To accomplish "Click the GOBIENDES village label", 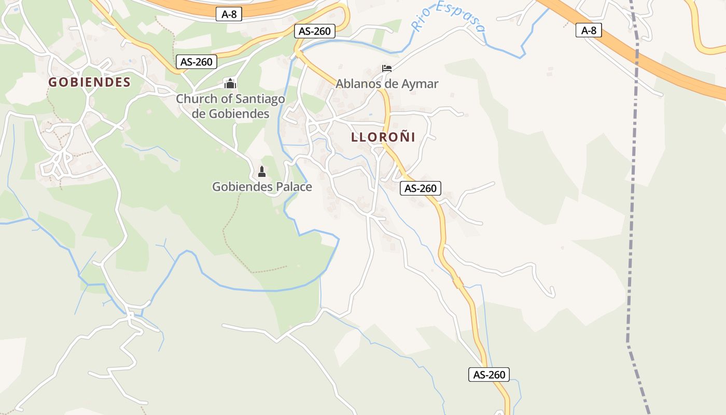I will click(x=89, y=82).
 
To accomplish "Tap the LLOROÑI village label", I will click(x=383, y=137).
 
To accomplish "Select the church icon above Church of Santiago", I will click(x=230, y=83).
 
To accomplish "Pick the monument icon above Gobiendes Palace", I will click(x=262, y=172).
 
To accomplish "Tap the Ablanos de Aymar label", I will click(x=387, y=84).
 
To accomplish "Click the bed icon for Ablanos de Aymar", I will click(x=386, y=68).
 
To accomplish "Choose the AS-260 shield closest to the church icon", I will click(x=197, y=62).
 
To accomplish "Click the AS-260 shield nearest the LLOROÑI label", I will click(x=421, y=188).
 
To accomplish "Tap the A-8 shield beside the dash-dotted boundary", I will click(x=589, y=31).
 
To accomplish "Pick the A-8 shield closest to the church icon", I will click(x=229, y=15).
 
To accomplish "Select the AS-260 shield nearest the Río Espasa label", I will click(x=314, y=31).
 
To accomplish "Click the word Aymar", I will click(x=421, y=84).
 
